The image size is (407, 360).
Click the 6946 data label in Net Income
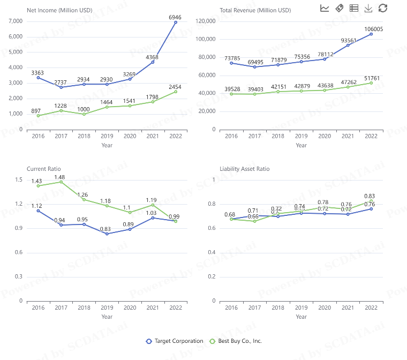(175, 17)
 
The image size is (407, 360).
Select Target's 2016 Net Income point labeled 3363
(38, 78)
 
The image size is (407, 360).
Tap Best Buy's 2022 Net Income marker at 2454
(176, 92)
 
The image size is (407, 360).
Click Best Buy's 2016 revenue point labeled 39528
(231, 94)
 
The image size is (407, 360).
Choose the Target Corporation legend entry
(174, 341)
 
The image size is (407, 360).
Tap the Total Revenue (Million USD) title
(255, 10)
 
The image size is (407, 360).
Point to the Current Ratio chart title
(43, 169)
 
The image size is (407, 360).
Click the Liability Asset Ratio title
(245, 169)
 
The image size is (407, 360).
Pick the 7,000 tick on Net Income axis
(16, 21)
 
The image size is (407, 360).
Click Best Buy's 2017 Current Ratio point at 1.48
(61, 182)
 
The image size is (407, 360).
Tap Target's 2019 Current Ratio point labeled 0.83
(107, 234)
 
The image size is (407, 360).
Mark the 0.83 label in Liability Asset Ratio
(369, 196)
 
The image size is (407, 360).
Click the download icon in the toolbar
(368, 8)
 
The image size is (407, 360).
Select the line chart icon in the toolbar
(325, 8)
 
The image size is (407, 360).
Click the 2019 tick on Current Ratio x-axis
(107, 307)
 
